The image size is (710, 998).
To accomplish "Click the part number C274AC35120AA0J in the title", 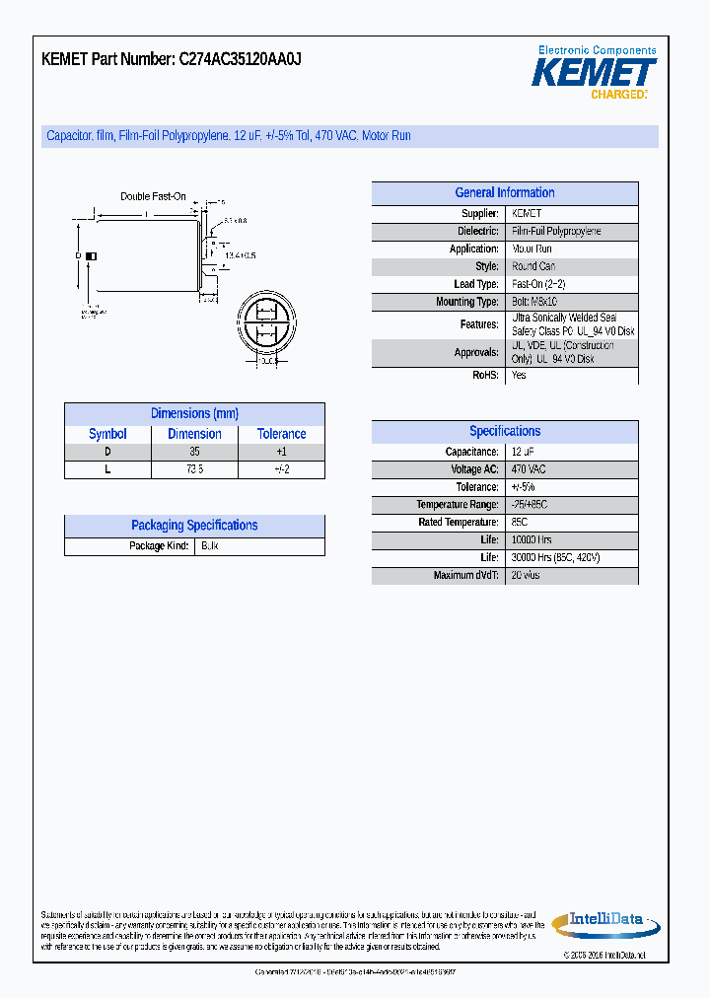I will [x=240, y=59].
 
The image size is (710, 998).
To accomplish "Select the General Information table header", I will [x=504, y=193].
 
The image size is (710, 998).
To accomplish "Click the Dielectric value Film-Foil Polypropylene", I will [x=556, y=231].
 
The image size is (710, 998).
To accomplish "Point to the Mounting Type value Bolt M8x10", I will [x=535, y=302].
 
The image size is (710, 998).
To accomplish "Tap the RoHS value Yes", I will [x=519, y=375].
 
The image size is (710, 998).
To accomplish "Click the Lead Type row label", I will [x=476, y=284].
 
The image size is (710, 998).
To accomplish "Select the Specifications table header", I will [x=504, y=431].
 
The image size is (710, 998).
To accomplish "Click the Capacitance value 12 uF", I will [x=523, y=452].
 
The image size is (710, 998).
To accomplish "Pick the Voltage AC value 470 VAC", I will [x=529, y=469].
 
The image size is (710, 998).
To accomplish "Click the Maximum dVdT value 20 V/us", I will [x=526, y=576].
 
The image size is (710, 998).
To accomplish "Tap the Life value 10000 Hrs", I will [x=532, y=540].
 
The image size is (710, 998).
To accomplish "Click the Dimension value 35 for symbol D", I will [x=194, y=452].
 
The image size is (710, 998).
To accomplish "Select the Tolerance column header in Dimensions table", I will [x=281, y=434].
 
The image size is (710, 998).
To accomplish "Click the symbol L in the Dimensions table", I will [x=107, y=469].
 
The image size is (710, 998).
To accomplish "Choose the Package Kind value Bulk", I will [x=209, y=545].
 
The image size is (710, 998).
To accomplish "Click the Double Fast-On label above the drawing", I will [x=153, y=196].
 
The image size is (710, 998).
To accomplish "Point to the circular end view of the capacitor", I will [x=263, y=323].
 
